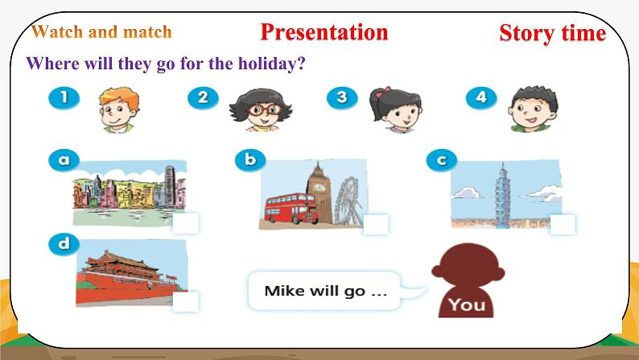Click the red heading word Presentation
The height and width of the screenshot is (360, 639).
324,32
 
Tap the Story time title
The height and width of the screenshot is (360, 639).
552,33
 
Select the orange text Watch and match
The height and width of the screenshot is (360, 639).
101,32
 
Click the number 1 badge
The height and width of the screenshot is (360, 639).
64,99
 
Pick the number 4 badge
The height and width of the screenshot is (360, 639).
481,98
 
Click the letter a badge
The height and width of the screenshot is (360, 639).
64,159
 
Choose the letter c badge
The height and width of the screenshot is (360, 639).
441,160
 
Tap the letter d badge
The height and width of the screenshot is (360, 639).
64,242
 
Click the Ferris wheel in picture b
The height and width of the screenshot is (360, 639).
347,197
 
